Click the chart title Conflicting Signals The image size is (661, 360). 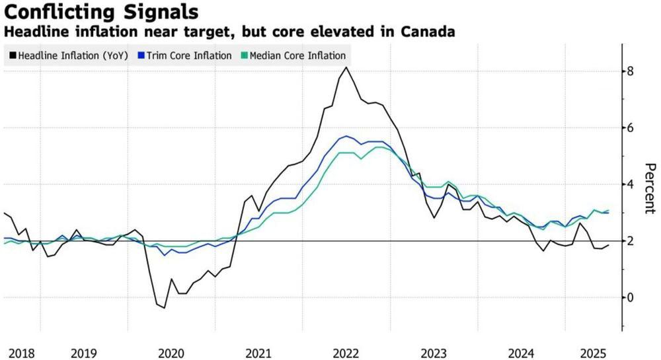tap(101, 11)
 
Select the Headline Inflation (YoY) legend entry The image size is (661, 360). tap(69, 55)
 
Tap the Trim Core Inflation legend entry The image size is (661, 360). tap(184, 55)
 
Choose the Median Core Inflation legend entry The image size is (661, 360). tap(293, 55)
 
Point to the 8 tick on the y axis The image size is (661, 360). tap(630, 71)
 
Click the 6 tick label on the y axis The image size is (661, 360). tap(630, 127)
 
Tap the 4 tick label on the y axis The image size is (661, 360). tap(630, 184)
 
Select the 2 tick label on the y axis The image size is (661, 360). tap(630, 241)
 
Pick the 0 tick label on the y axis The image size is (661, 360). tap(630, 297)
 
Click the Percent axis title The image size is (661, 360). tap(650, 188)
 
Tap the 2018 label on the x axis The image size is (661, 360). tap(22, 353)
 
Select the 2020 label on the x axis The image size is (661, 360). tap(171, 353)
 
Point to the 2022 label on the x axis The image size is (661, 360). tap(346, 353)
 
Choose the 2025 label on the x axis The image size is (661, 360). tap(594, 353)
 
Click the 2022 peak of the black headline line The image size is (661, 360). tap(346, 67)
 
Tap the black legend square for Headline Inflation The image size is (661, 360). tap(13, 55)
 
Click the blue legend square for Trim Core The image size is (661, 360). tap(141, 55)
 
